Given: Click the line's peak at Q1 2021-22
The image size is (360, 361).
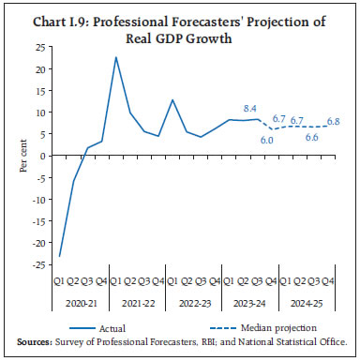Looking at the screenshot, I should coord(116,58).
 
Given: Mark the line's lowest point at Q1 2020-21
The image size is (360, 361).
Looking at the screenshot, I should coord(59,256).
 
